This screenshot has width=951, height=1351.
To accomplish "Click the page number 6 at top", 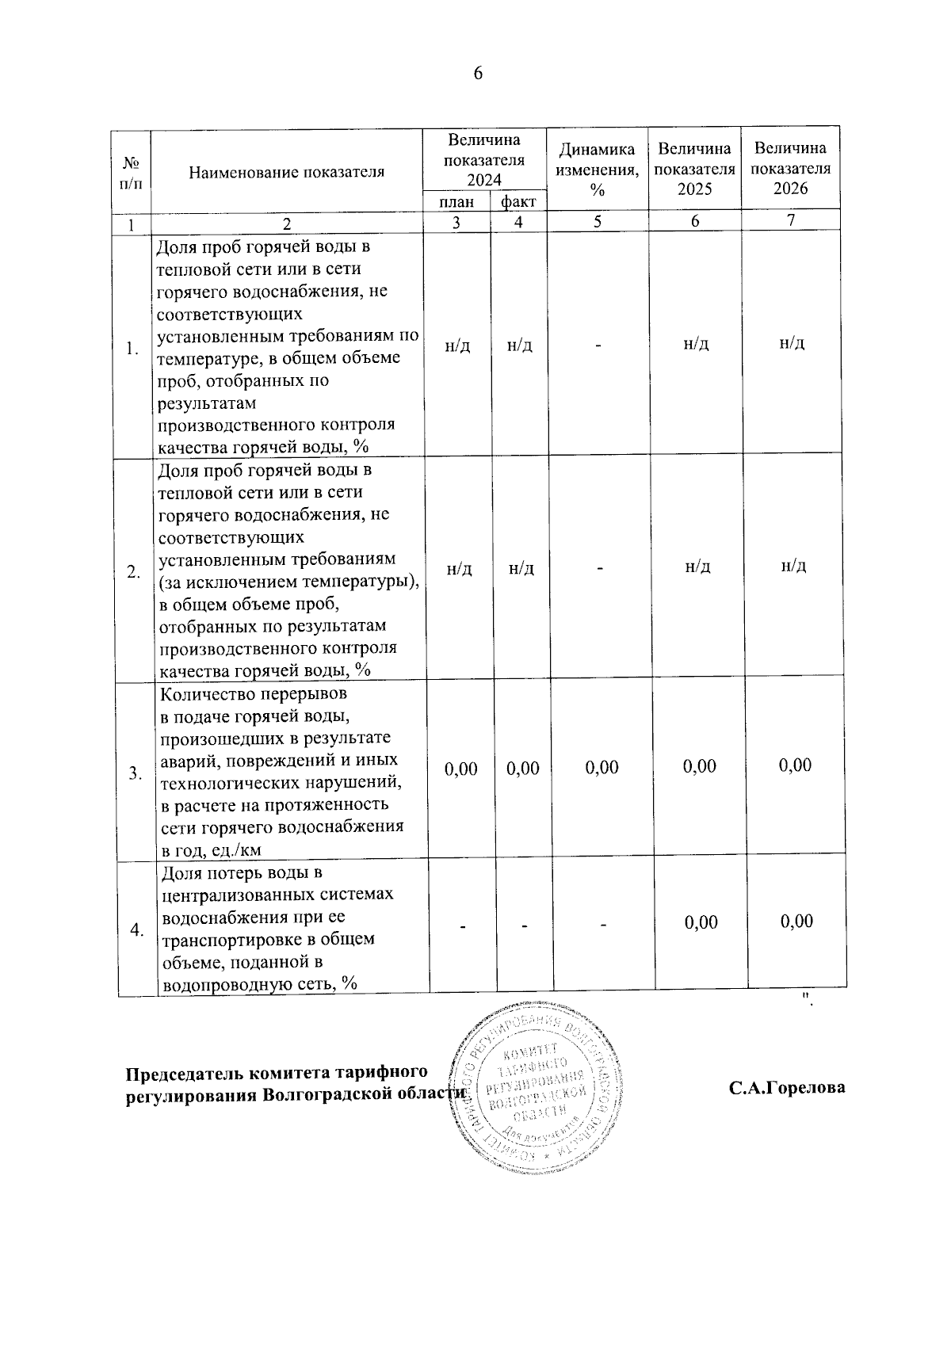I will tap(477, 74).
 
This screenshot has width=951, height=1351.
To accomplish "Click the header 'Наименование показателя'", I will tap(286, 172).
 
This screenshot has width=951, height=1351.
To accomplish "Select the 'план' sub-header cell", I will tap(456, 202).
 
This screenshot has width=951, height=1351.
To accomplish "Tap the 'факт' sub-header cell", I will tap(518, 202).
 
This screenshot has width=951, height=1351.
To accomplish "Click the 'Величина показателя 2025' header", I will tap(694, 168).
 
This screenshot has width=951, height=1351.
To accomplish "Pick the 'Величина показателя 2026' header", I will tap(790, 167).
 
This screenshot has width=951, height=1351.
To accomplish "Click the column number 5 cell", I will tap(598, 222).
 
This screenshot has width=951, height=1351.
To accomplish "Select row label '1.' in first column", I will tap(132, 349).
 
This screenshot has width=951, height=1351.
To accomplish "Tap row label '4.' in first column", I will tap(137, 929).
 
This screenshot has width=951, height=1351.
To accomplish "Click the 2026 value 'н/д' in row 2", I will tap(793, 566).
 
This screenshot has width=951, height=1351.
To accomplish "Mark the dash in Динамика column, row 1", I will tap(600, 345).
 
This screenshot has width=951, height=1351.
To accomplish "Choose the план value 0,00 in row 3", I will tap(461, 769).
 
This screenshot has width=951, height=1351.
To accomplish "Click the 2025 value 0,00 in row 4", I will tap(701, 922).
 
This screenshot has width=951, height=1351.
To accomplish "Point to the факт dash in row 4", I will tap(525, 925).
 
